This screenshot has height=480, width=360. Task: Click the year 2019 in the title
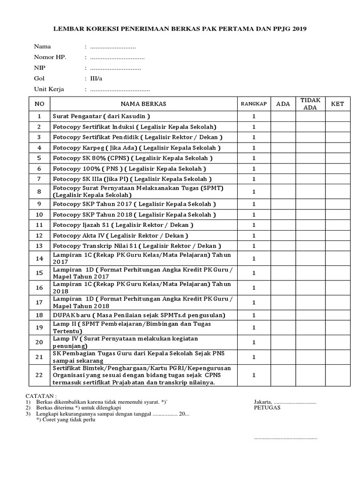click(x=299, y=29)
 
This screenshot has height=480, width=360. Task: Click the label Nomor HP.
click(x=50, y=57)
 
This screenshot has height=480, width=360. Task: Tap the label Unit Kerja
click(x=49, y=89)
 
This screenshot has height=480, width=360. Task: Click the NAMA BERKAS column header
click(x=143, y=104)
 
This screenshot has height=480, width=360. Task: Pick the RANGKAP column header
click(x=254, y=104)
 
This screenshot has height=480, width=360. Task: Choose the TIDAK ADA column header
click(x=310, y=104)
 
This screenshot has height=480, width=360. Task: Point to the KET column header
click(x=337, y=104)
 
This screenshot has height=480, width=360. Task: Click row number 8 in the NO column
click(x=40, y=192)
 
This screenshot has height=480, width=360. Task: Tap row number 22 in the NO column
click(x=40, y=375)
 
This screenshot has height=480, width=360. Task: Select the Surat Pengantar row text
click(x=101, y=116)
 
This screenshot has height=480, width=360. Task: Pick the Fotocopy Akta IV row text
click(x=120, y=235)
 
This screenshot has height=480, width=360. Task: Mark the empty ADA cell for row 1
click(x=283, y=116)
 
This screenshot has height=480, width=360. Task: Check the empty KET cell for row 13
click(x=337, y=246)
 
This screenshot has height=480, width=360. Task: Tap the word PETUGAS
click(x=267, y=407)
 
